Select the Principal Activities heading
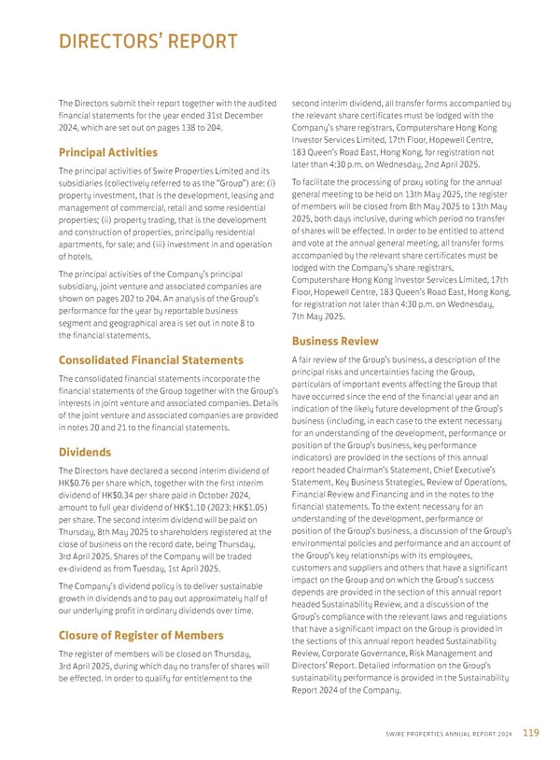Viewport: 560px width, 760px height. [108, 152]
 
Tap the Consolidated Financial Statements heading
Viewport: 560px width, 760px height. [150, 359]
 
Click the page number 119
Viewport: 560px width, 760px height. [530, 733]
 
